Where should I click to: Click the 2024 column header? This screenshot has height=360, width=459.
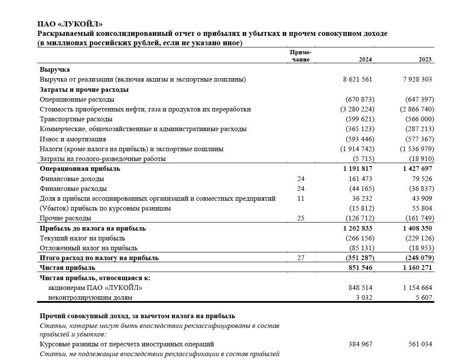pos(365,60)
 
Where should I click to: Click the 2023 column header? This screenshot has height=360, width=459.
pos(425,60)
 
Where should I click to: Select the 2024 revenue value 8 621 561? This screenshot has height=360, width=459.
pos(357,79)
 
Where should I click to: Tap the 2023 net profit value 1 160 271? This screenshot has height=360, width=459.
pos(417,268)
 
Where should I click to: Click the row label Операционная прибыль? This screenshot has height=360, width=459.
pos(80,169)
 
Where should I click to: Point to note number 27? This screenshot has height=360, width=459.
pos(301,258)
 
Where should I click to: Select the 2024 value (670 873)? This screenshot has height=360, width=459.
pos(360,100)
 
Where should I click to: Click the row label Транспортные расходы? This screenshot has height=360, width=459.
pos(76,119)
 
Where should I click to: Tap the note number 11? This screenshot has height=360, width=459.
pos(301,199)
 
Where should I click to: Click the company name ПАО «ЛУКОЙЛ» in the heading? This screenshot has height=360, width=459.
pos(70,24)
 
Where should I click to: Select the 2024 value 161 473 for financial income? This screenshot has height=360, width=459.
pos(360,179)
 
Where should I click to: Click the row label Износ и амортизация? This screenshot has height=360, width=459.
pos(73,139)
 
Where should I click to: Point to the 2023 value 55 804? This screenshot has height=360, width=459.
pos(420,208)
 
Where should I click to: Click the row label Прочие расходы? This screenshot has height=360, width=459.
pos(65,218)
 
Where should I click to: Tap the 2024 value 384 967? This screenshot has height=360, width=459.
pos(360,344)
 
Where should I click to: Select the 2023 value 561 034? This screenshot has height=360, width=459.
pos(420,344)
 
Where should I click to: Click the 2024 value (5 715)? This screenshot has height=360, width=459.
pos(363,159)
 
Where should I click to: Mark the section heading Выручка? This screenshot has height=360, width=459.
pos(55,70)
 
